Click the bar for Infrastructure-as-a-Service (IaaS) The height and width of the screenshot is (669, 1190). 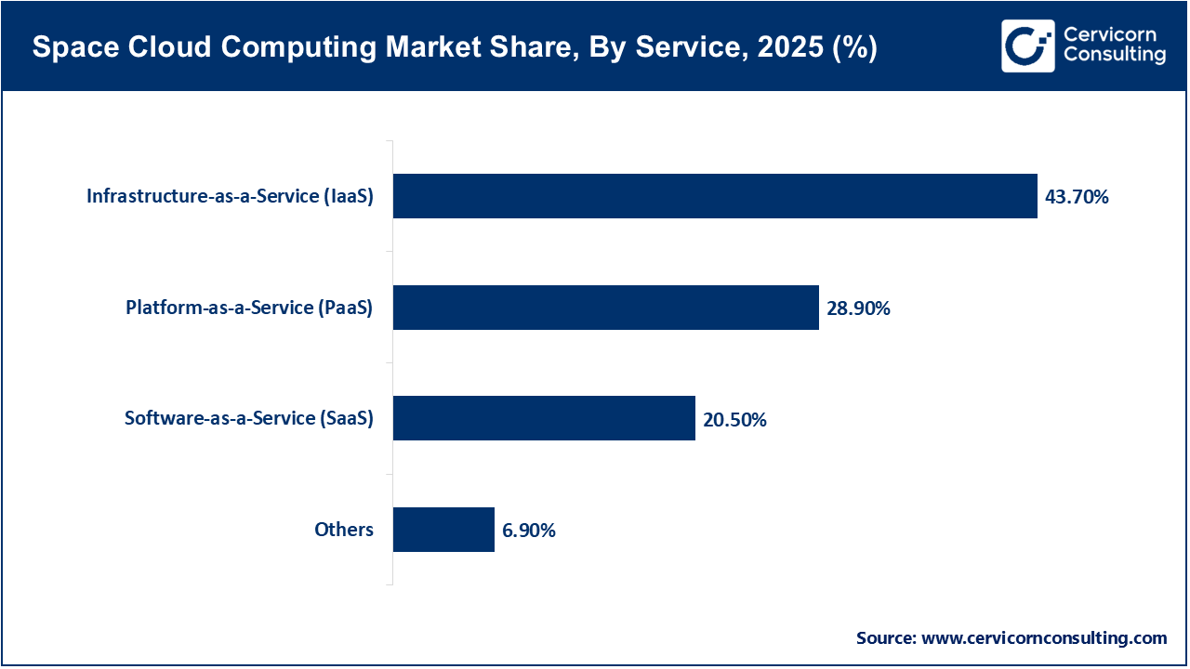click(714, 196)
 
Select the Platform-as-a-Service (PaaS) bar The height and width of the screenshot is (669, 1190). click(605, 308)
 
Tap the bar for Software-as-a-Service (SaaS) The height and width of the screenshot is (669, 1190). click(544, 418)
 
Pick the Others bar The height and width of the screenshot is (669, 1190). click(443, 530)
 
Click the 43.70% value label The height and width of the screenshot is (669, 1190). click(1077, 197)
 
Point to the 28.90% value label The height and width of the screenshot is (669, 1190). click(858, 308)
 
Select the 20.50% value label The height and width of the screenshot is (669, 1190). click(734, 420)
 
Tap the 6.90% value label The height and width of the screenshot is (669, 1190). click(528, 531)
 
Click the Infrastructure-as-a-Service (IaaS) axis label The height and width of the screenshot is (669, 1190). click(230, 196)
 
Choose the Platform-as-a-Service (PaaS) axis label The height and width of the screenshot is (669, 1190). click(249, 308)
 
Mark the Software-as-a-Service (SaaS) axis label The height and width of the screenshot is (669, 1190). click(248, 418)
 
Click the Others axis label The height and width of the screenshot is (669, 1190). click(344, 530)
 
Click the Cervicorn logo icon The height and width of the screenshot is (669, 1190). click(1027, 46)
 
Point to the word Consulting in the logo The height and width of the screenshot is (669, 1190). click(1114, 55)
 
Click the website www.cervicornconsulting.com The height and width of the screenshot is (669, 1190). click(1045, 638)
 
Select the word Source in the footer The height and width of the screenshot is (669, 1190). click(885, 638)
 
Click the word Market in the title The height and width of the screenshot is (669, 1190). click(358, 49)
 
